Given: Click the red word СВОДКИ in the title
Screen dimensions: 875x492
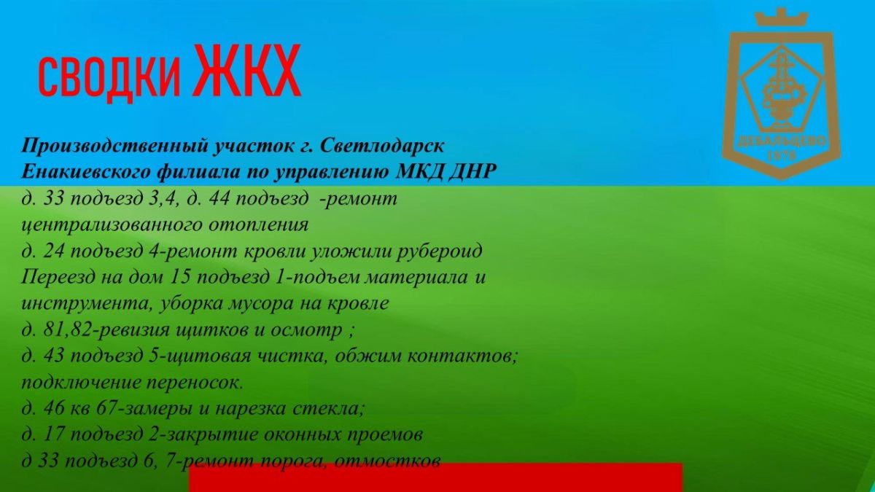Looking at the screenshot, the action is pos(109,76).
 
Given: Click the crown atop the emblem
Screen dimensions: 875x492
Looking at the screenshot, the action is pos(781,17).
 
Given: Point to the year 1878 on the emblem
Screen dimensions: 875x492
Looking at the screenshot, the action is pos(782,156).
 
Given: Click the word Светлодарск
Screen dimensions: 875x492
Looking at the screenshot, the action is pos(382,146).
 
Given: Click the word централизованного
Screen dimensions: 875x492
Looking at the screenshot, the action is pos(111,225).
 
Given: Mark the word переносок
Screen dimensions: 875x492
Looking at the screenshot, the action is pos(195,383).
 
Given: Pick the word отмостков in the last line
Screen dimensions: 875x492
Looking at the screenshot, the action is pos(387,461).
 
